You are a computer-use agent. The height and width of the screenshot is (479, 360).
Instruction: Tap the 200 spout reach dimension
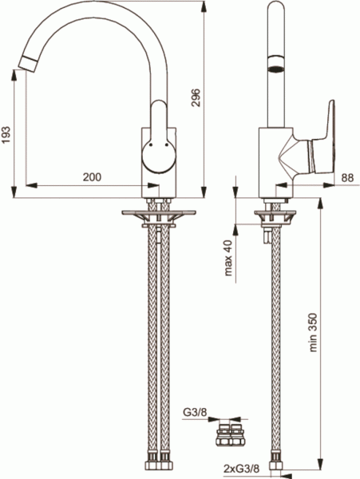[x=93, y=176]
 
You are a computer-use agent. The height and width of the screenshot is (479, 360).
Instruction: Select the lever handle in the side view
[x=319, y=148]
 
